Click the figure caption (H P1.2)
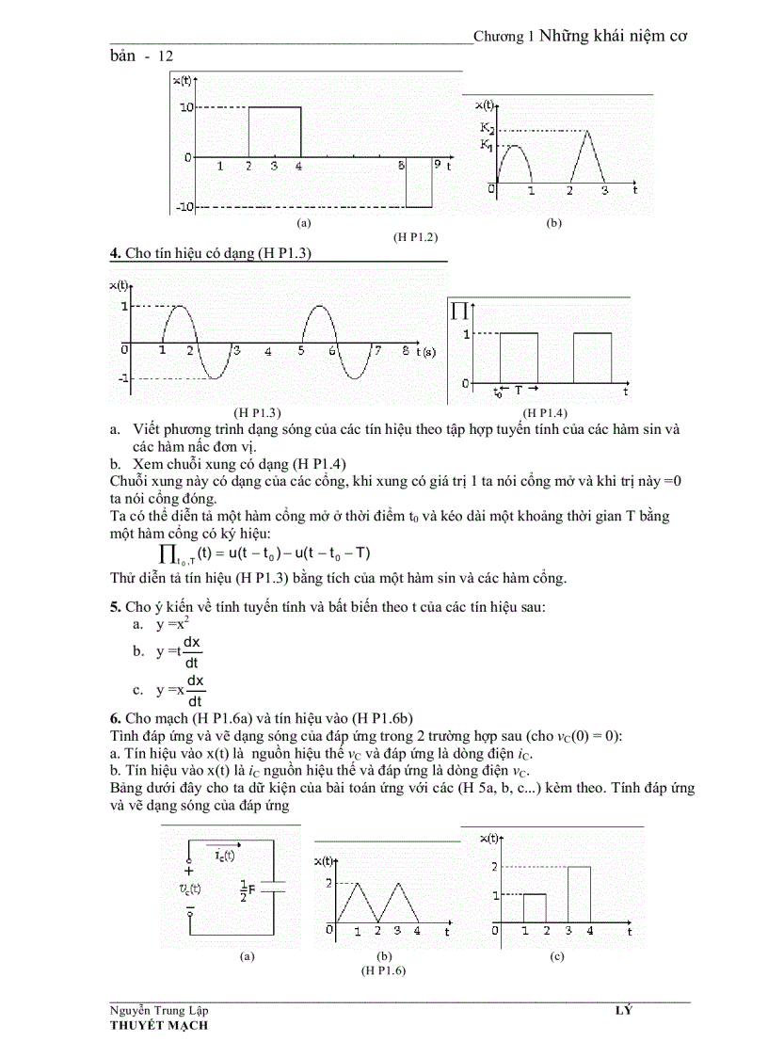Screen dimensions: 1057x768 415,237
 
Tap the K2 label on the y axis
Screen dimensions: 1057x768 486,129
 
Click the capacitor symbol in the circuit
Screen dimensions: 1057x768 272,887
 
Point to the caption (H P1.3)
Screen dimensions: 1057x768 258,412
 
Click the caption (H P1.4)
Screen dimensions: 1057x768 545,412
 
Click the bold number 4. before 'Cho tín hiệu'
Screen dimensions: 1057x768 116,252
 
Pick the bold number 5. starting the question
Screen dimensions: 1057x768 116,606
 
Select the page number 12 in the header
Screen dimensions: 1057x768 166,56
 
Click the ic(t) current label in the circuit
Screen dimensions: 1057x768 225,855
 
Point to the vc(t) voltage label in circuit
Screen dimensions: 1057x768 189,888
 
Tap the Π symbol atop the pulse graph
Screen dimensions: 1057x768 460,309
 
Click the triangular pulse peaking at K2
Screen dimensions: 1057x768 587,155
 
